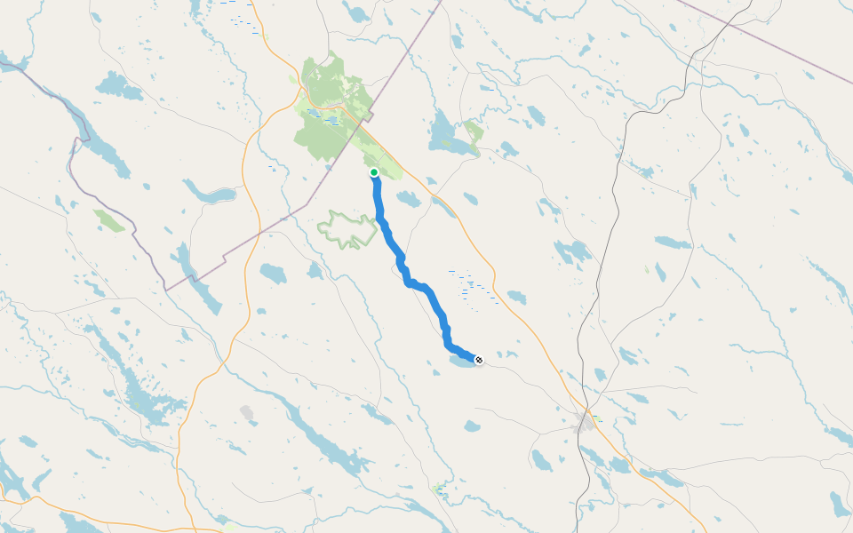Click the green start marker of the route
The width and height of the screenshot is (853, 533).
coord(374,172)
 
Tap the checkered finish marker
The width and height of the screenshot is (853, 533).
coord(479,360)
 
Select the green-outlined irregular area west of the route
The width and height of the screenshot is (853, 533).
coord(347,229)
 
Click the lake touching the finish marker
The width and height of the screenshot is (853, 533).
coord(462,362)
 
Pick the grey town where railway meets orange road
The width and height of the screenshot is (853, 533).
coord(585,422)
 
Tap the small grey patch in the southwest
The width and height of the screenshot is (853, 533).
coord(247,413)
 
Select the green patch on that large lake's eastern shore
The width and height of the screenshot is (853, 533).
coord(474,134)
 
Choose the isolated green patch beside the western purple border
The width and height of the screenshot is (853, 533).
coord(109,220)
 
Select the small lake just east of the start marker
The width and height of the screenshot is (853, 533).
coord(408,199)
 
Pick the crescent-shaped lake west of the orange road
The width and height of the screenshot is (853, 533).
coord(208,194)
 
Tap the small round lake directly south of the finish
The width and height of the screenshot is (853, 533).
coord(473,426)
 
